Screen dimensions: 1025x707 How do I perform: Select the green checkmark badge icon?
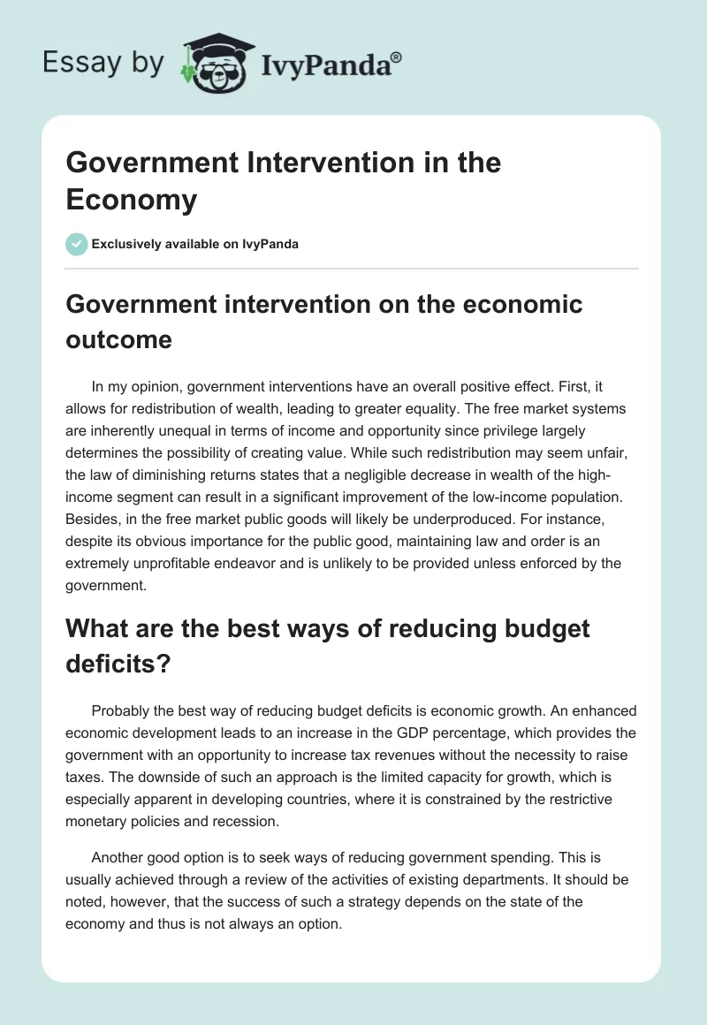77,244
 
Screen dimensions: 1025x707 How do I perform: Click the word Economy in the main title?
131,200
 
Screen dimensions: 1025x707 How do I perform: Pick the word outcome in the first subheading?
118,340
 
